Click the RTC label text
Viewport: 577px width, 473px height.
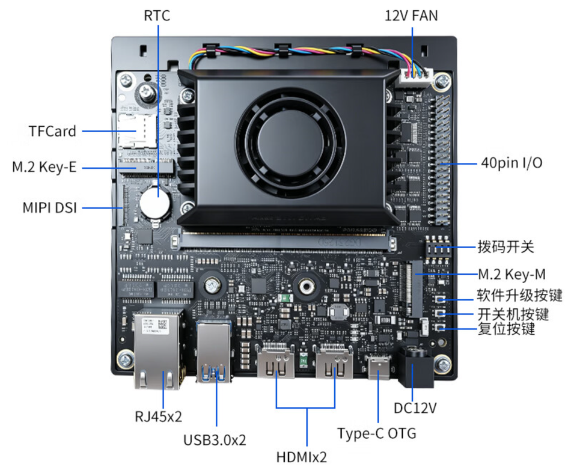coord(157,16)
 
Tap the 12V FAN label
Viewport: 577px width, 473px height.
coord(411,16)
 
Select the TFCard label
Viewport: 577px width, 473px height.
coord(52,131)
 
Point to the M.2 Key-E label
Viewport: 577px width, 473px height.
coord(44,166)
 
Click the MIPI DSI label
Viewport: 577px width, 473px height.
coord(50,207)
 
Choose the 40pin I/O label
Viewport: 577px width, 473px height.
coord(511,163)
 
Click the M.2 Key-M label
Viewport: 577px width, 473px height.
coord(511,274)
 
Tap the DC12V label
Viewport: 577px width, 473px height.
coord(415,408)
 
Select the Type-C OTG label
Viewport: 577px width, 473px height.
coord(377,433)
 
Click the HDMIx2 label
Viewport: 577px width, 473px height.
coord(301,457)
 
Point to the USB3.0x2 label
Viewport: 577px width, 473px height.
coord(215,440)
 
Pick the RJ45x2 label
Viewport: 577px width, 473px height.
coord(158,417)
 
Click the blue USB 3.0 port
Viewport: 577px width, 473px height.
coord(214,352)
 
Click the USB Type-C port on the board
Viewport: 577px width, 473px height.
coord(378,367)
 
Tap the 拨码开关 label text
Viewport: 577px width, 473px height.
coord(505,246)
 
